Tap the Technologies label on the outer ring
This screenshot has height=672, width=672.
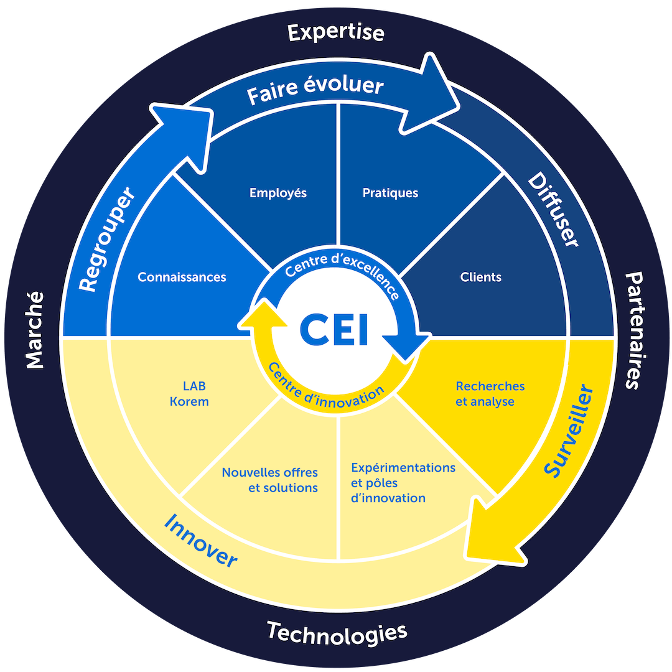click(337, 634)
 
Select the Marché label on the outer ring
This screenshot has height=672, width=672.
click(35, 330)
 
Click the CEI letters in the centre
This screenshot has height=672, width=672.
click(334, 329)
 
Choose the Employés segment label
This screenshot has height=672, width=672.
click(278, 193)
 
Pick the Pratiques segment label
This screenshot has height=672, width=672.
click(390, 193)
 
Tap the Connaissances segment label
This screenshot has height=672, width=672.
click(182, 278)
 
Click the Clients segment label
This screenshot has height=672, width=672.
click(481, 278)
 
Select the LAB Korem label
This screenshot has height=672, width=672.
click(189, 394)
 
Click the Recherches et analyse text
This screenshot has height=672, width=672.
click(490, 394)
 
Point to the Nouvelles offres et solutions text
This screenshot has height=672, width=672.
click(270, 480)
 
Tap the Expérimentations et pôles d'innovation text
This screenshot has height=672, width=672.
click(403, 483)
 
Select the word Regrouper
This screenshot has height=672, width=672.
click(107, 239)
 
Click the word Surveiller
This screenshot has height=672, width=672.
click(569, 431)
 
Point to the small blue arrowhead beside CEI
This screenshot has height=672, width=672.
click(406, 347)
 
